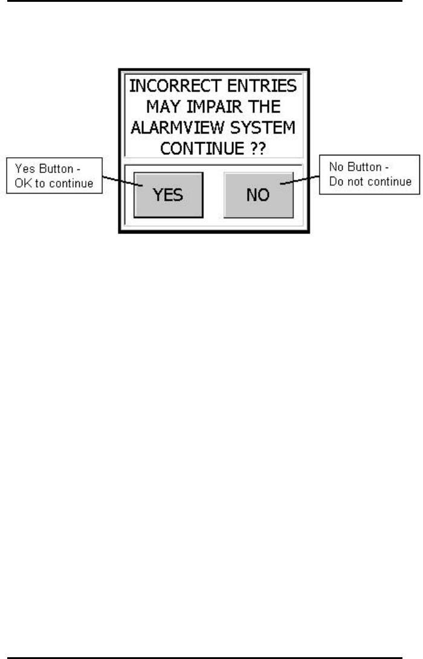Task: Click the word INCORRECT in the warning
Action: point(164,86)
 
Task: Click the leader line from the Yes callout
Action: point(120,181)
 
